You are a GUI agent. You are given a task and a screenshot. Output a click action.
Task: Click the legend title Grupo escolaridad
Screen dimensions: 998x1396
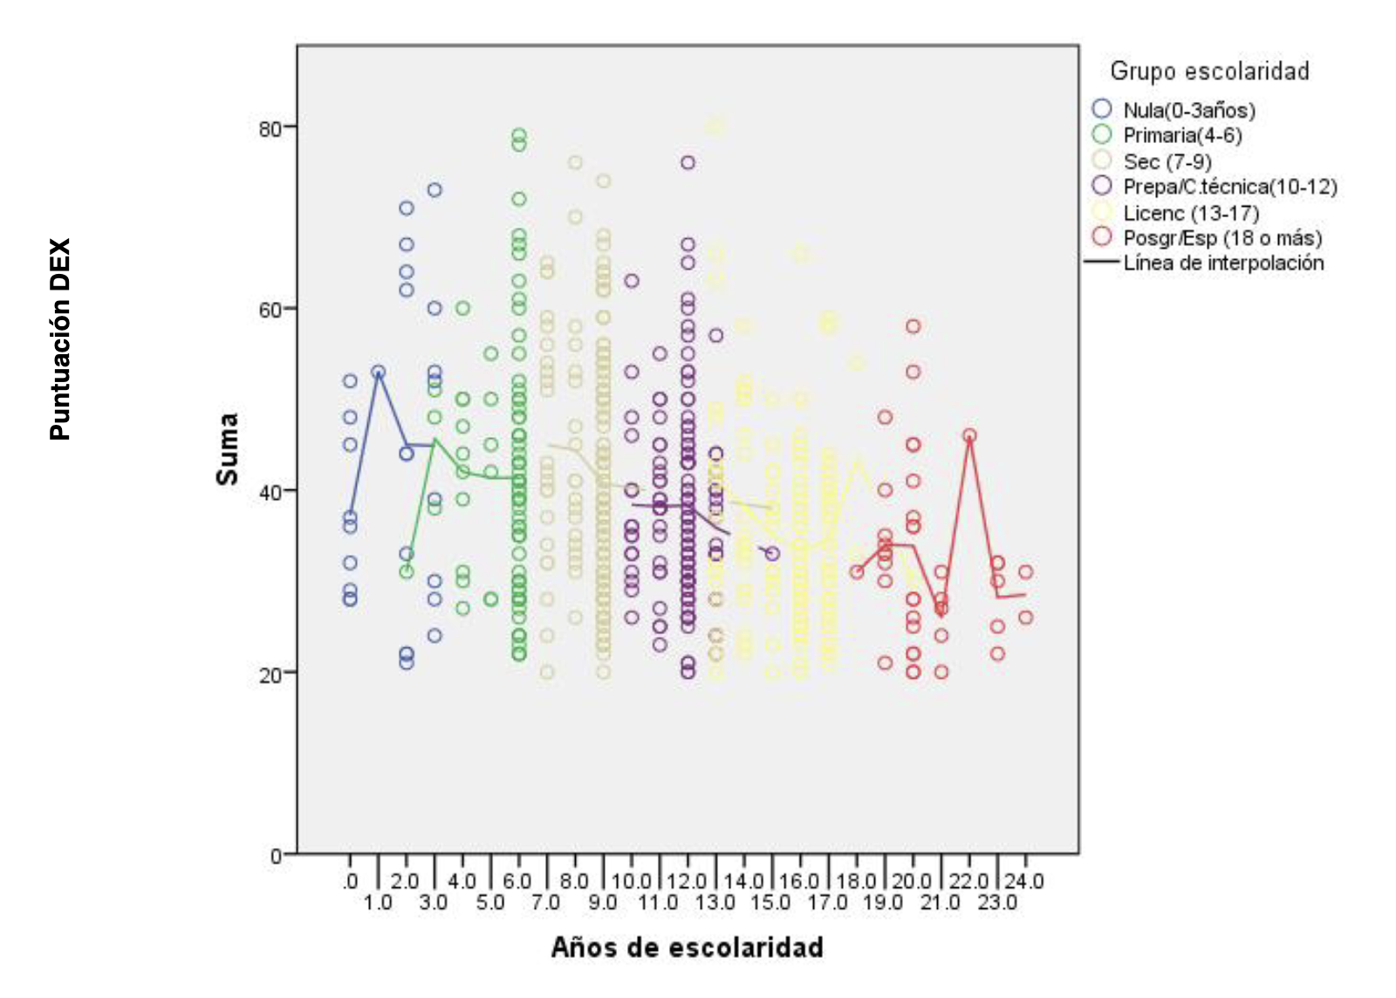[x=1209, y=71]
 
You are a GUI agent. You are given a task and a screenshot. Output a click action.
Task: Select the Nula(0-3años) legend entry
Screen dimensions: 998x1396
[x=1189, y=110]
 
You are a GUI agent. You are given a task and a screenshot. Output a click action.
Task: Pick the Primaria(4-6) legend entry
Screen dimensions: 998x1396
[x=1182, y=135]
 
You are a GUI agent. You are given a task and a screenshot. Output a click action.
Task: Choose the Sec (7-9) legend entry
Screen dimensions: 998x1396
[x=1167, y=161]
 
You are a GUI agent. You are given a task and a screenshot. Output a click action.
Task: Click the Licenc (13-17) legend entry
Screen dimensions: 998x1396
[x=1191, y=213]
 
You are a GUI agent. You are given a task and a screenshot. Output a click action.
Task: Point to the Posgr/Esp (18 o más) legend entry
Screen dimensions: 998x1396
[x=1222, y=238]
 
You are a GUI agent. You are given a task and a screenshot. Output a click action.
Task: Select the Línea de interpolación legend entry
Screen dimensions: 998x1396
[x=1223, y=263]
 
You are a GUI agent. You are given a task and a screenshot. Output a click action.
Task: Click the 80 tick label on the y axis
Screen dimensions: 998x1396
[x=270, y=128]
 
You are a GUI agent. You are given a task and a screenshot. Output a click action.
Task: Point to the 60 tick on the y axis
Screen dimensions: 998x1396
[x=270, y=310]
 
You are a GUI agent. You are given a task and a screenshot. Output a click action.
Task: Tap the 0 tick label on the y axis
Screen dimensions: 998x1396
[x=276, y=856]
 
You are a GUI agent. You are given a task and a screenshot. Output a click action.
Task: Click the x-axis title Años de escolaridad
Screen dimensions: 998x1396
[x=687, y=947]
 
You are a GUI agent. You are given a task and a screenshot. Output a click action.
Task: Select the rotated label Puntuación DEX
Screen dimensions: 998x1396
[x=60, y=339]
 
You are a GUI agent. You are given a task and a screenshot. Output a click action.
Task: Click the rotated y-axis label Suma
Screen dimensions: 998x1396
[x=228, y=448]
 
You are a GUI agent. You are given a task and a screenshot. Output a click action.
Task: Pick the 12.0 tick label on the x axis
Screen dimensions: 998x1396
[x=688, y=881]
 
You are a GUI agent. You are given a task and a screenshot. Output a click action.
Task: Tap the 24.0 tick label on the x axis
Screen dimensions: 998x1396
[x=1024, y=881]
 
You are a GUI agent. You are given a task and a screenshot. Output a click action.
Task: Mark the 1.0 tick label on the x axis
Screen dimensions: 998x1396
[x=378, y=902]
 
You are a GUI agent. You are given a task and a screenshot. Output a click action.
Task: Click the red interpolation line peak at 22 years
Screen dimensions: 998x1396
[x=969, y=435]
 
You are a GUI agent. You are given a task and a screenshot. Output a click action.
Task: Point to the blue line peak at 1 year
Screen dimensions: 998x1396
[x=378, y=373]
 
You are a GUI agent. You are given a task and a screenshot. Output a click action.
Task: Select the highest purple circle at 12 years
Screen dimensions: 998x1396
[x=688, y=162]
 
